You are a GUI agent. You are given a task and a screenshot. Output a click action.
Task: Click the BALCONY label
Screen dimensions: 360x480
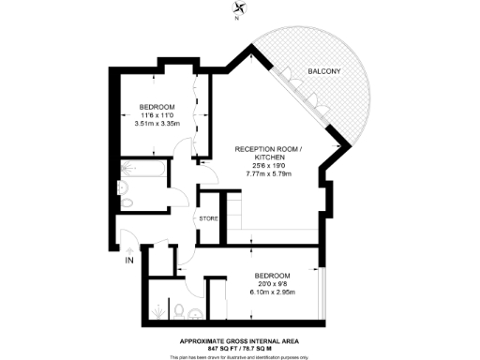[323, 72]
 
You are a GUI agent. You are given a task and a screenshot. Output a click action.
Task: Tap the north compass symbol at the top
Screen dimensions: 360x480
[238, 12]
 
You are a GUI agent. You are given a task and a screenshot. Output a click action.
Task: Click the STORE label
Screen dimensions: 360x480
[208, 218]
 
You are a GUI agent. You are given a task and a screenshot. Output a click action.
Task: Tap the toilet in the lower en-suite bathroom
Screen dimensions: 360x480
[179, 309]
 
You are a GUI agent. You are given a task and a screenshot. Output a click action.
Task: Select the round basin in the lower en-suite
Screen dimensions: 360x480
[195, 312]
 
